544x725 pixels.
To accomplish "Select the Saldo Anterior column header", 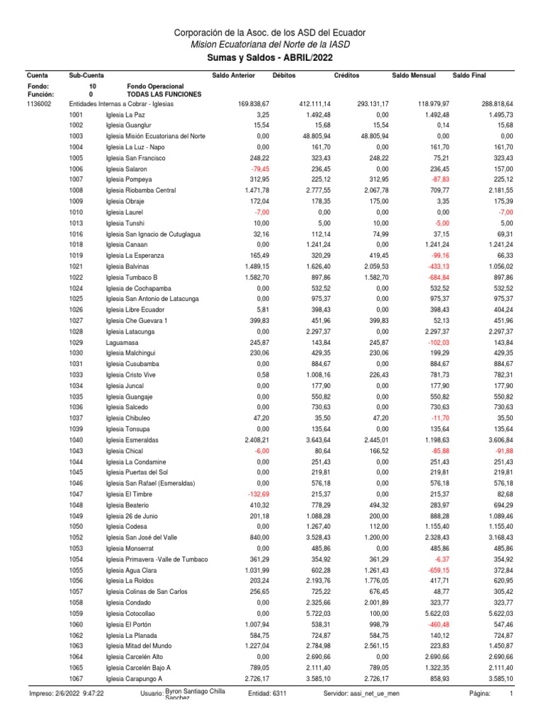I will [x=233, y=75].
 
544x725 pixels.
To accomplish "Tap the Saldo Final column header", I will [x=470, y=75].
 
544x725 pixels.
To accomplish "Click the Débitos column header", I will [x=285, y=75].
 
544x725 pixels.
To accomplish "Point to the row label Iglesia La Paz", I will [x=125, y=115].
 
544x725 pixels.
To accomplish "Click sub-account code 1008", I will [x=76, y=190].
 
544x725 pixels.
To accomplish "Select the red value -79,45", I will [x=259, y=170].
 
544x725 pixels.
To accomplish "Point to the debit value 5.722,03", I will [x=317, y=613].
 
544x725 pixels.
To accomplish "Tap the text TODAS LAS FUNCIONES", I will [x=163, y=94].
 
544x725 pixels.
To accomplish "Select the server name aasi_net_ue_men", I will [x=375, y=693].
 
